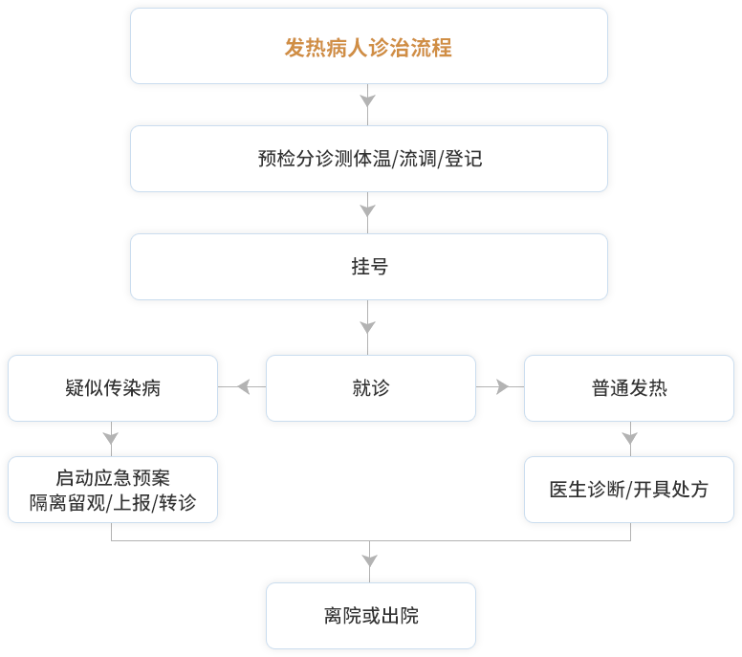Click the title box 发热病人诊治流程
pyautogui.click(x=368, y=46)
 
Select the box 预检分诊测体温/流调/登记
pyautogui.click(x=368, y=159)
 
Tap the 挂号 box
pyautogui.click(x=368, y=267)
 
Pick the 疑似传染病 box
pyautogui.click(x=113, y=388)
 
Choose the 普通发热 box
pyautogui.click(x=629, y=388)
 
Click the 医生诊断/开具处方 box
pyautogui.click(x=629, y=489)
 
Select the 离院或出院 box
pyautogui.click(x=370, y=615)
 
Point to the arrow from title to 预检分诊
pyautogui.click(x=368, y=100)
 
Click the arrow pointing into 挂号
pyautogui.click(x=368, y=209)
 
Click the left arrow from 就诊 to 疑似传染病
pyautogui.click(x=244, y=387)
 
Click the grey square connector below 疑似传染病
pyautogui.click(x=110, y=438)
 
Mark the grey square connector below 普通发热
pyautogui.click(x=629, y=438)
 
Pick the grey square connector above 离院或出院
pyautogui.click(x=370, y=559)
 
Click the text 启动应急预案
pyautogui.click(x=113, y=478)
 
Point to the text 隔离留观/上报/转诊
pyautogui.click(x=113, y=502)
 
